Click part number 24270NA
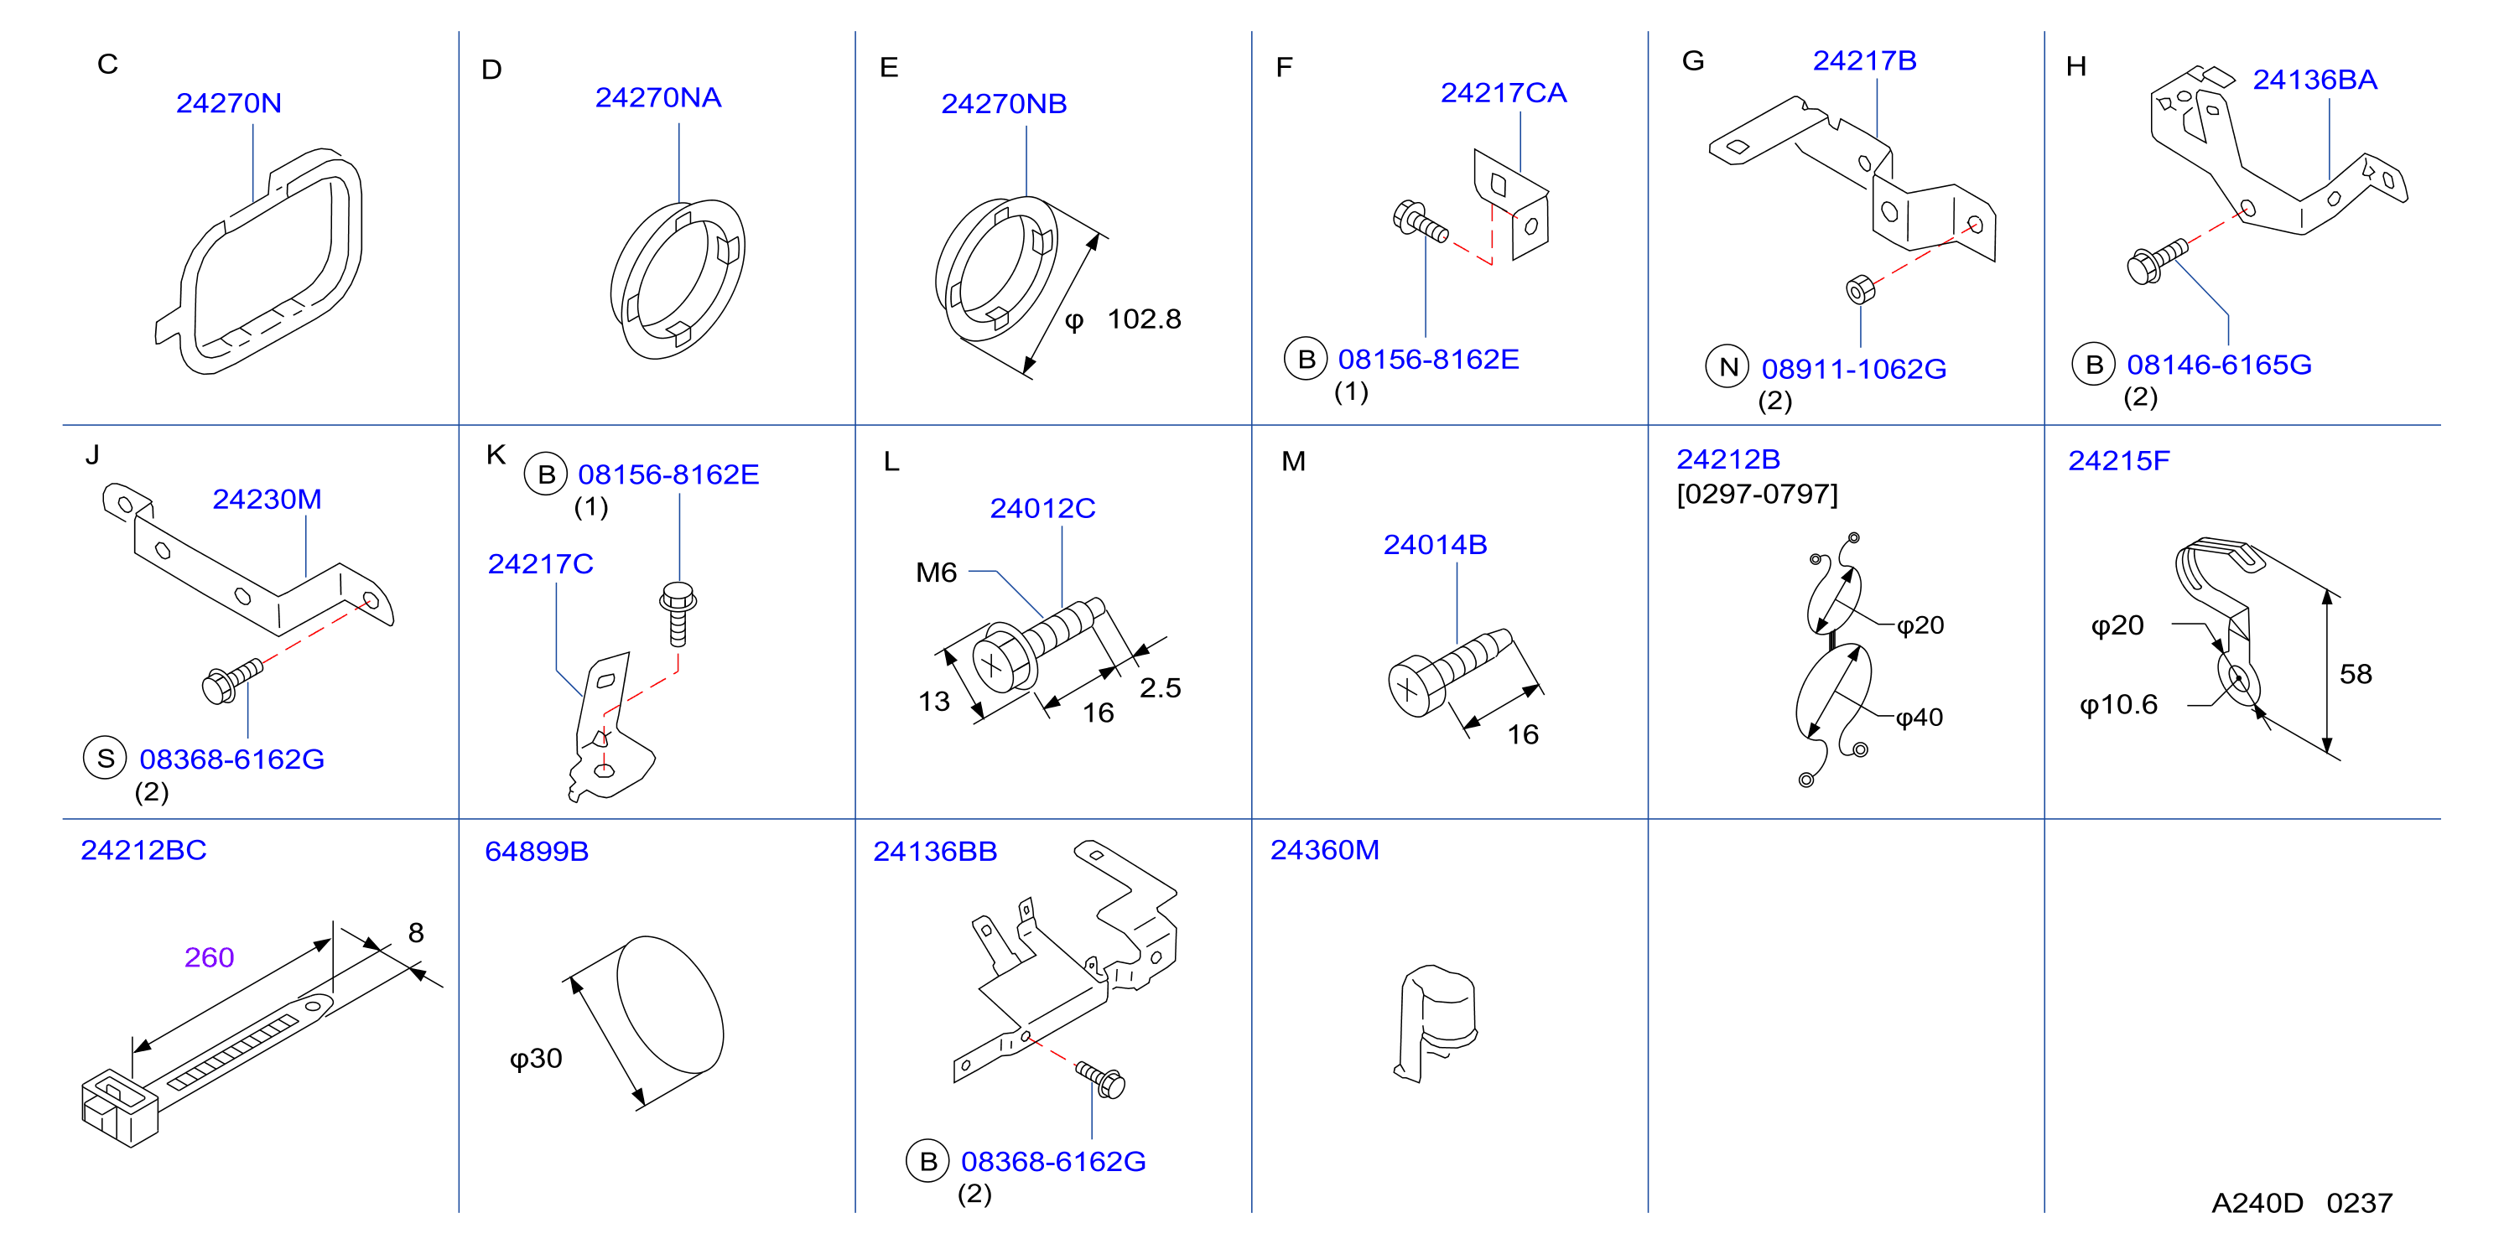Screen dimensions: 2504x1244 (658, 97)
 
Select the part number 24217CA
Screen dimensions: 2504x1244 (1503, 92)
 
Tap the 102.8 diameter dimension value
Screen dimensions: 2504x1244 (1144, 319)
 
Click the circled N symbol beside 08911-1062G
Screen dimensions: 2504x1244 (1727, 366)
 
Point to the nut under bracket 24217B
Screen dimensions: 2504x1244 (1859, 288)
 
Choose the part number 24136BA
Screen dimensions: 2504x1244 (2314, 80)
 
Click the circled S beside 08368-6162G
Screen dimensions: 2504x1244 (105, 758)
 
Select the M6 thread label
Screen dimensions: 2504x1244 (936, 573)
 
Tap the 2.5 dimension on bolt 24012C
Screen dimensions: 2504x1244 (1160, 688)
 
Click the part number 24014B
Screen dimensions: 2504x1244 (1435, 544)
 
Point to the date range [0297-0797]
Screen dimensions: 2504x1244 (1757, 494)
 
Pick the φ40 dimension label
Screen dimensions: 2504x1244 (1919, 718)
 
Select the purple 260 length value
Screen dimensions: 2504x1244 (209, 957)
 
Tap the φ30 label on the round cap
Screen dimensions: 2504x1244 (536, 1059)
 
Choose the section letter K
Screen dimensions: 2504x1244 (496, 455)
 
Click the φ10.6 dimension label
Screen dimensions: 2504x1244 (2118, 705)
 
